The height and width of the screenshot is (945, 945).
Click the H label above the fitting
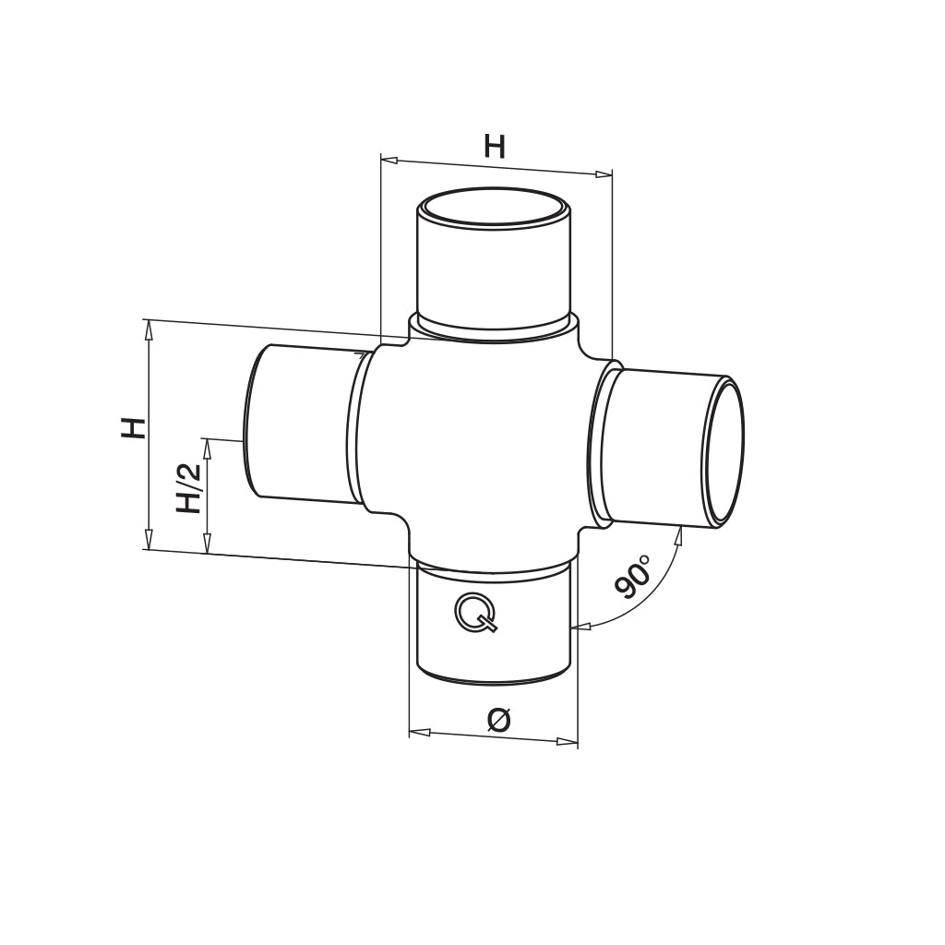(x=495, y=147)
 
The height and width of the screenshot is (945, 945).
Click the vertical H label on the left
(x=134, y=428)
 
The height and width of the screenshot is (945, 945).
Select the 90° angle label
(x=632, y=578)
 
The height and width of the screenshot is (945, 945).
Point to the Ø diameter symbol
(x=499, y=720)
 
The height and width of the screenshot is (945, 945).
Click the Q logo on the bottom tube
(x=476, y=613)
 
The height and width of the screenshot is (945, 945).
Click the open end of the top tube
(x=495, y=209)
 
